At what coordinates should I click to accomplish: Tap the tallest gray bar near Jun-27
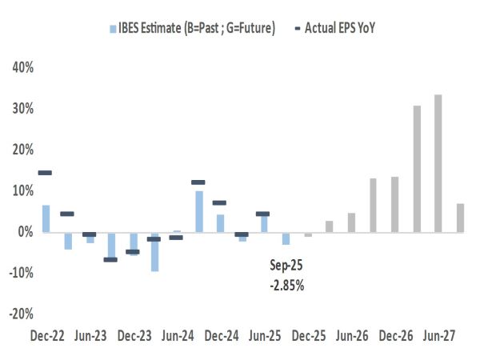point(438,163)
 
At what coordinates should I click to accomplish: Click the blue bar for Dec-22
point(46,218)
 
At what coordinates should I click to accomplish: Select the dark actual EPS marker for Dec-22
point(45,173)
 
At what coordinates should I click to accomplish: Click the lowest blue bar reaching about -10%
point(154,251)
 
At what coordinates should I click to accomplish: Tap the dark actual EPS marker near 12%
point(198,182)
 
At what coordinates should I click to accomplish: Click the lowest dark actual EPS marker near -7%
point(110,260)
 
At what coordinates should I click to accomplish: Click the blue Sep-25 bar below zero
point(286,238)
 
